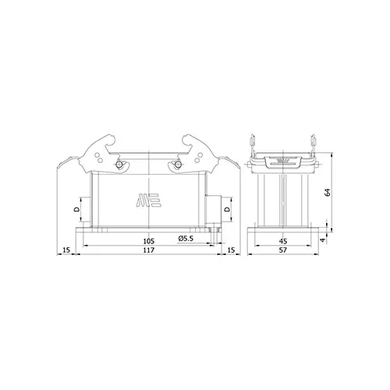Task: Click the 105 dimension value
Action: click(x=149, y=241)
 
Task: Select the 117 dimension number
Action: click(x=149, y=250)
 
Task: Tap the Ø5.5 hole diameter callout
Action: click(x=186, y=239)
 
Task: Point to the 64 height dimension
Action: click(x=328, y=192)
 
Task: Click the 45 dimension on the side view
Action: click(x=282, y=241)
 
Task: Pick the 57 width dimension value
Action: click(x=282, y=250)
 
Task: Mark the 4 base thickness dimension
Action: click(x=323, y=240)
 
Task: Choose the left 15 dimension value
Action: click(x=66, y=250)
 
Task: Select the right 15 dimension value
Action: click(x=231, y=250)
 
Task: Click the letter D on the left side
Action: click(x=76, y=209)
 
